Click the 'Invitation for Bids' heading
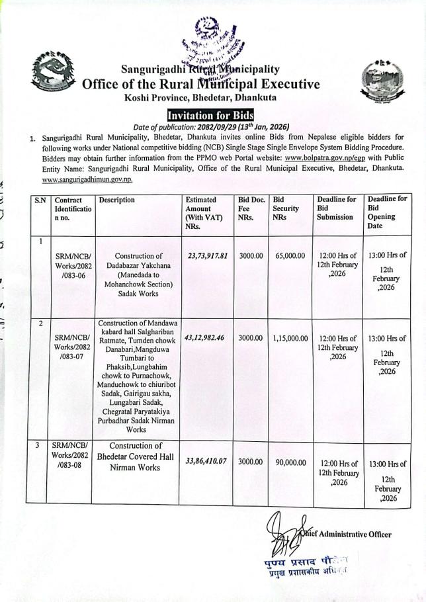pyautogui.click(x=210, y=114)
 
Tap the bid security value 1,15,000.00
pyautogui.click(x=290, y=337)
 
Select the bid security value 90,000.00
pyautogui.click(x=290, y=460)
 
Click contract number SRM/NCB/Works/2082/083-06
pyautogui.click(x=73, y=265)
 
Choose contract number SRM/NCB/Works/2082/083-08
pyautogui.click(x=73, y=456)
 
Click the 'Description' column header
pyautogui.click(x=116, y=200)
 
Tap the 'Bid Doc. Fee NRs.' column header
pyautogui.click(x=251, y=208)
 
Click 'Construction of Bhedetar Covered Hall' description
pyautogui.click(x=136, y=456)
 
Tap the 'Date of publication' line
pyautogui.click(x=212, y=127)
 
